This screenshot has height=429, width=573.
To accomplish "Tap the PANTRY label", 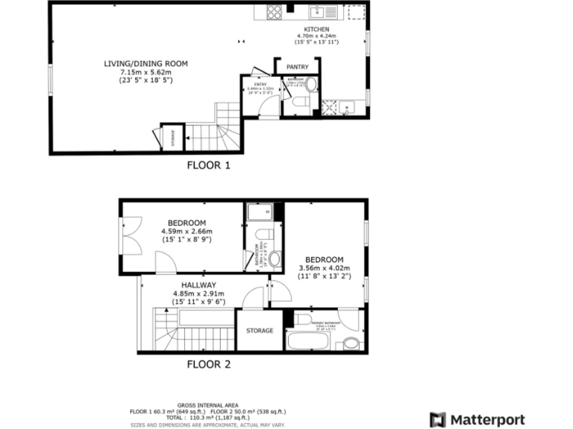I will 298,67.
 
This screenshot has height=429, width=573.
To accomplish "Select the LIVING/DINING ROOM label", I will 145,64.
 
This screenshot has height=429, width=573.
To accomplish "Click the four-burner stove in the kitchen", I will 274,12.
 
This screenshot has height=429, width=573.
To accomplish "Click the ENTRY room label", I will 260,83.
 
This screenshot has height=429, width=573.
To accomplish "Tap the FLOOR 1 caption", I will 208,165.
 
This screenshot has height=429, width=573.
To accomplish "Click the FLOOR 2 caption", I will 208,365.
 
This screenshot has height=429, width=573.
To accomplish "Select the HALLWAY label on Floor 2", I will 198,285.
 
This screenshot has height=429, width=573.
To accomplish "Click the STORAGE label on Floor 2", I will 260,331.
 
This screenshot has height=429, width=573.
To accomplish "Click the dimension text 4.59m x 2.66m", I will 187,231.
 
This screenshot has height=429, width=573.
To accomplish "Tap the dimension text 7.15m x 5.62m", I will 145,72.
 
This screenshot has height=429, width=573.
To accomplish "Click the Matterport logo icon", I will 438,419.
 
